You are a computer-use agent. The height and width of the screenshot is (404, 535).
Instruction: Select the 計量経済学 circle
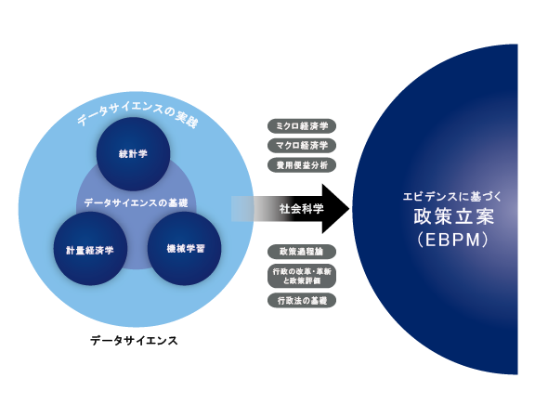(x=89, y=249)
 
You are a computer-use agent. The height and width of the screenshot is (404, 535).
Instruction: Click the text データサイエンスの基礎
(x=136, y=202)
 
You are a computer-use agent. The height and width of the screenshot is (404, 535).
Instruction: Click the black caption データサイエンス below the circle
(x=134, y=341)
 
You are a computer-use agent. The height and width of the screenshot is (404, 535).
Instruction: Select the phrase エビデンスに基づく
(x=450, y=198)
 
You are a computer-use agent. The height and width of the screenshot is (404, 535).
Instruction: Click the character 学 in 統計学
(x=144, y=154)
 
